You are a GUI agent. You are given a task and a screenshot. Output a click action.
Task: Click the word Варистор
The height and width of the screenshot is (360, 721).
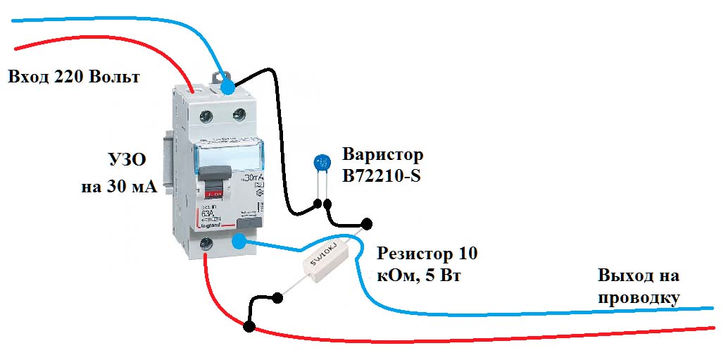[383, 154]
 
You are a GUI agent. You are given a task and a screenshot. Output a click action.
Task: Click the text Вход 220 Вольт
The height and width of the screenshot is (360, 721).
[73, 76]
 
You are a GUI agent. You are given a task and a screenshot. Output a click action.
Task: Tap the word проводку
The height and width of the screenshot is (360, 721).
[639, 297]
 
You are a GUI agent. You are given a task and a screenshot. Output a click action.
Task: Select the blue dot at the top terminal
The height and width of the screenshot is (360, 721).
[227, 87]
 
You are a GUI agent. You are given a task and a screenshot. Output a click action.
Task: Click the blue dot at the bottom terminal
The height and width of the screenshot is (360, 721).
[239, 242]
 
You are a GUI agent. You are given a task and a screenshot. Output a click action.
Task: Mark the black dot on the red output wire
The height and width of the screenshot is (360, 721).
[249, 325]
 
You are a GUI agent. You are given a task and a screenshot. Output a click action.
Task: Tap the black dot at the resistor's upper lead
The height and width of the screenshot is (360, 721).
[365, 223]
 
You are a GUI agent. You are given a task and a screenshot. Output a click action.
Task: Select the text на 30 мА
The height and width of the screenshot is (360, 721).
[118, 187]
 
